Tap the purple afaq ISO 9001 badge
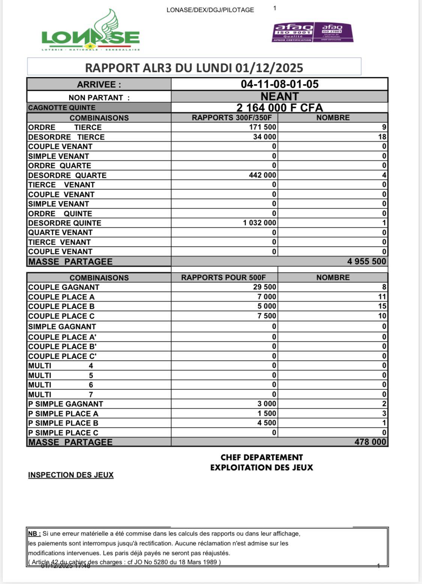pyautogui.click(x=293, y=32)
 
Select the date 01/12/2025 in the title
pyautogui.click(x=269, y=68)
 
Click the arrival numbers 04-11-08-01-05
pyautogui.click(x=279, y=84)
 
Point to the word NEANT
pyautogui.click(x=279, y=96)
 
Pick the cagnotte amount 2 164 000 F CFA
pyautogui.click(x=279, y=108)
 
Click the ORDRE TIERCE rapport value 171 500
pyautogui.click(x=263, y=127)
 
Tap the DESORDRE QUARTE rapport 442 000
pyautogui.click(x=262, y=175)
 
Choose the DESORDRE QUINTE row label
pyautogui.click(x=65, y=223)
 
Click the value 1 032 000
pyautogui.click(x=260, y=223)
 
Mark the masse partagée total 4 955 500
pyautogui.click(x=366, y=262)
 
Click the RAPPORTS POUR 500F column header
pyautogui.click(x=224, y=278)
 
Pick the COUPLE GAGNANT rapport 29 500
pyautogui.click(x=264, y=287)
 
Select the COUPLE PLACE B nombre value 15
pyautogui.click(x=382, y=306)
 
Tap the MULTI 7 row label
pyautogui.click(x=60, y=394)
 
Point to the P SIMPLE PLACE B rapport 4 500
pyautogui.click(x=267, y=423)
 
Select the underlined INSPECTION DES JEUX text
pyautogui.click(x=71, y=475)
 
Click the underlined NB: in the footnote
pyautogui.click(x=35, y=534)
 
